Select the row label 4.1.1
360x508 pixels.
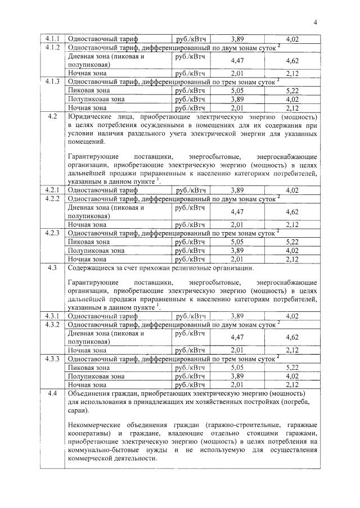52,39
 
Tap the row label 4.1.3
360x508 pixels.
52,81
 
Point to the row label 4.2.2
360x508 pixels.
52,199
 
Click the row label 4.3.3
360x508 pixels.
52,358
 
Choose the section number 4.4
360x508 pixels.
52,393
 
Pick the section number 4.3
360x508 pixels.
52,268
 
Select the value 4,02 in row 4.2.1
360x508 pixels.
292,190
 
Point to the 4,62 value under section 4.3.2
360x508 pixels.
292,337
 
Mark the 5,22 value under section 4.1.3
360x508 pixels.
292,90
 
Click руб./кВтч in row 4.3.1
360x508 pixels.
190,316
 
